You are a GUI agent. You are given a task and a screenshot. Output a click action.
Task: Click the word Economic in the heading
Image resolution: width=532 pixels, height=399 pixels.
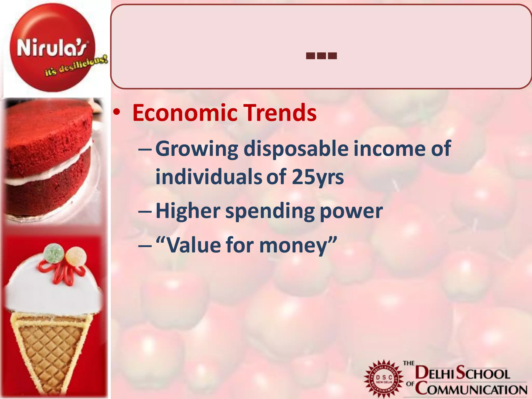(x=184, y=113)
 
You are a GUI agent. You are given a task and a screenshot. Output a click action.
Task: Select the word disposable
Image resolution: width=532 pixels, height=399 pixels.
(x=296, y=148)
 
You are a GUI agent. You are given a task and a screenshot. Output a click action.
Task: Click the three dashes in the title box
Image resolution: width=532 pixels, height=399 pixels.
(x=321, y=56)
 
